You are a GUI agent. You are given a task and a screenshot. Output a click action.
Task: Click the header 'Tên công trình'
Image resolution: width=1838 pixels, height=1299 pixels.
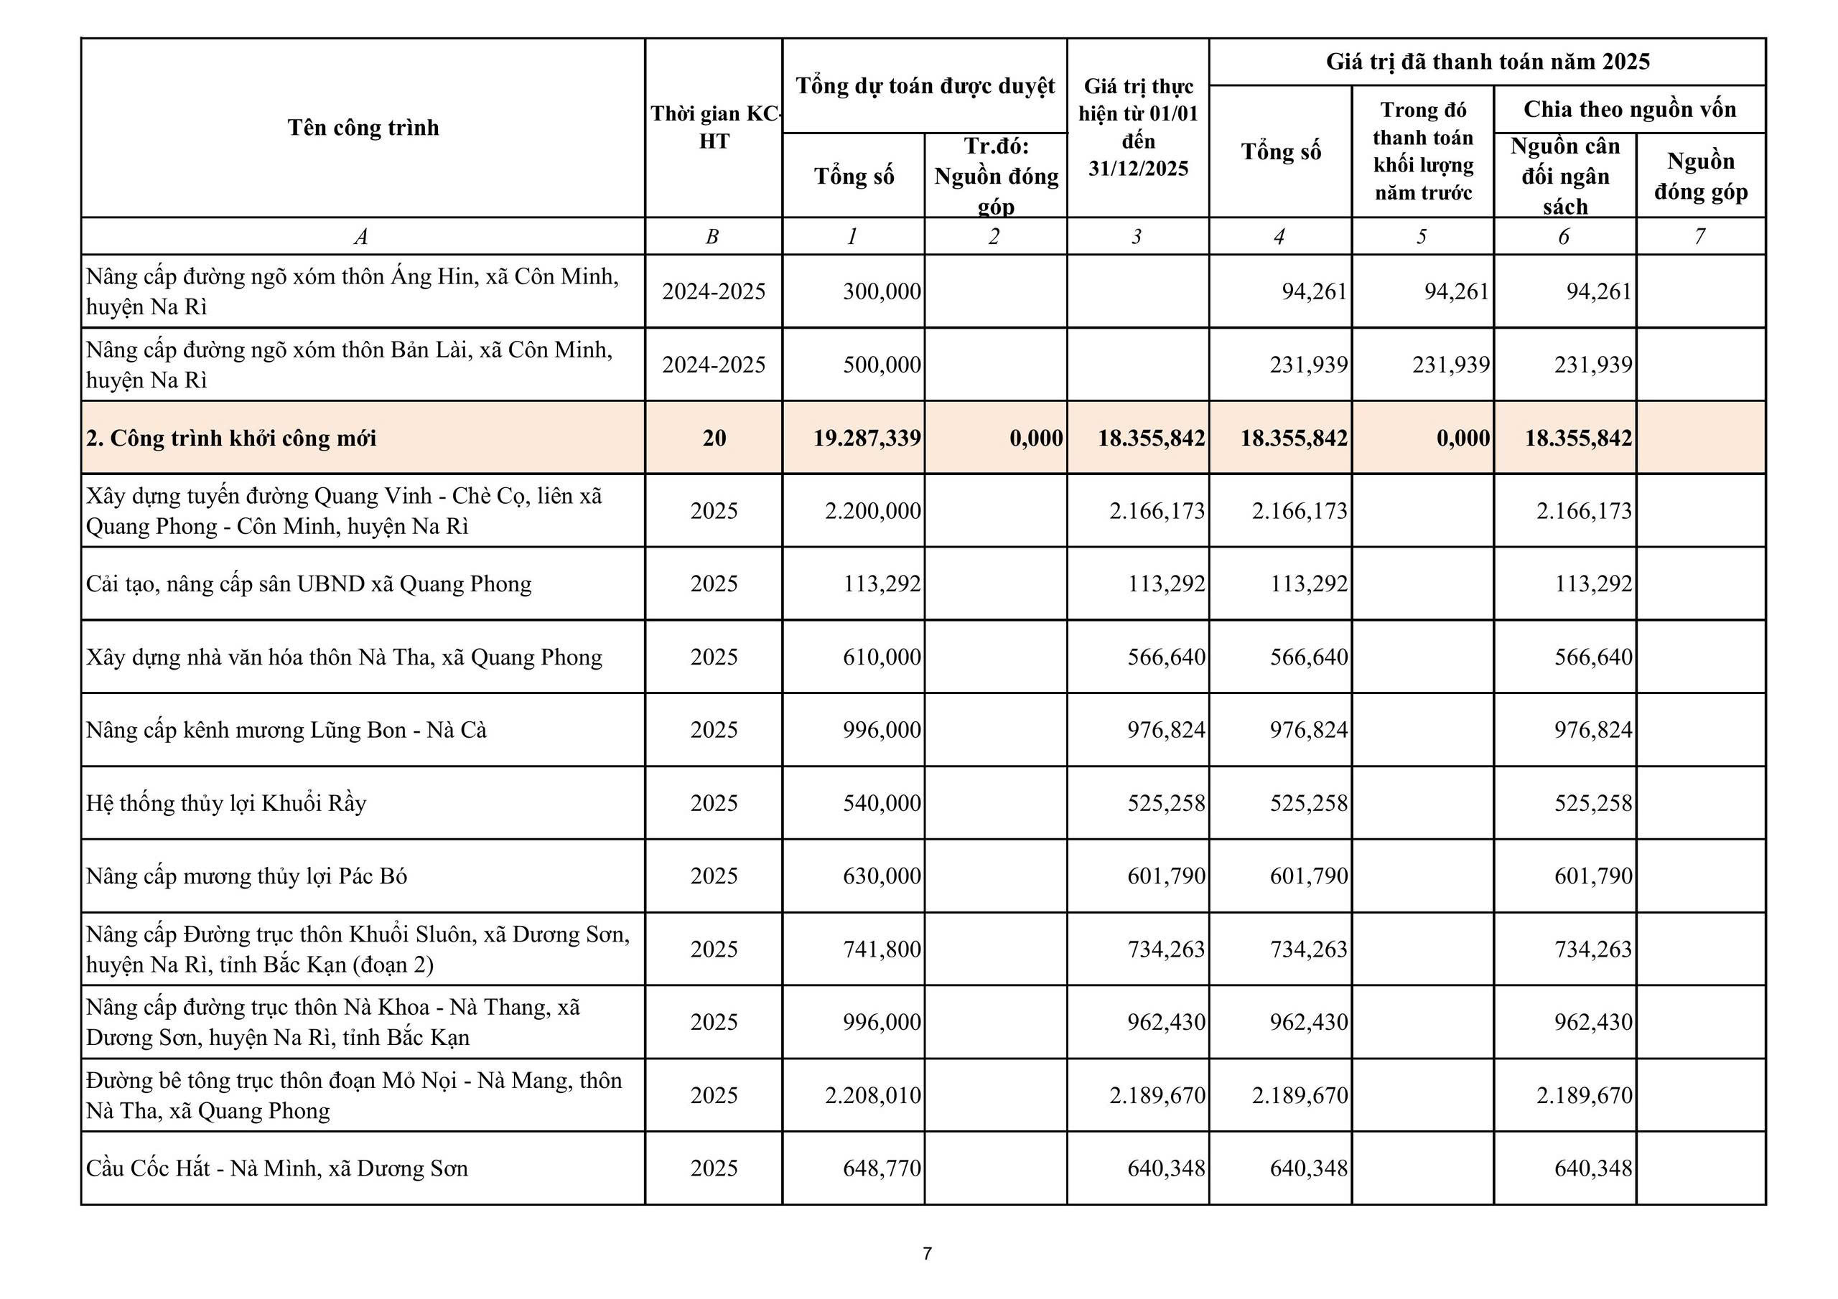[363, 127]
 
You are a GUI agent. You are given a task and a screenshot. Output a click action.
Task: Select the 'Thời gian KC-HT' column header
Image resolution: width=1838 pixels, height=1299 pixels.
[714, 127]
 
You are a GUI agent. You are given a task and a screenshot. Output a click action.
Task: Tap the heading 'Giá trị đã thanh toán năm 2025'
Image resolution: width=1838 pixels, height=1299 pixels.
[1488, 62]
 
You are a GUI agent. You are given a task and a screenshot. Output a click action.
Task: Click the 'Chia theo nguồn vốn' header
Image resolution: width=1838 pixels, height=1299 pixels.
[1629, 109]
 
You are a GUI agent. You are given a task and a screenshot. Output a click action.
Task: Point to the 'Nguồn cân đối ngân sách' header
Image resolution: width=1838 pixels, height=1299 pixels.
[1565, 176]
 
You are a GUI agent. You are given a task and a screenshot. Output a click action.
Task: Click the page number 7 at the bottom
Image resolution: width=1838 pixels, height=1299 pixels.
[927, 1253]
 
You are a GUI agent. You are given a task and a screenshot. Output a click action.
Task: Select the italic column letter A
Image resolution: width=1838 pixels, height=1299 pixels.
[361, 237]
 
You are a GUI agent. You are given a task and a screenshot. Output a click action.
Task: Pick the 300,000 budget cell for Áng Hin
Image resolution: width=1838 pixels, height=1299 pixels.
[882, 291]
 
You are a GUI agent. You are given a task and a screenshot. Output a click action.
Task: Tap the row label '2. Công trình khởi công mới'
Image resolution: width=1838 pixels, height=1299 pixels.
[231, 438]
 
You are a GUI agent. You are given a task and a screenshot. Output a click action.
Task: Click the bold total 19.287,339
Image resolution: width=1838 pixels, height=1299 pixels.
[867, 438]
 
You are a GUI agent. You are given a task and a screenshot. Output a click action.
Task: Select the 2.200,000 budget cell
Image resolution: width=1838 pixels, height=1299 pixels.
[872, 511]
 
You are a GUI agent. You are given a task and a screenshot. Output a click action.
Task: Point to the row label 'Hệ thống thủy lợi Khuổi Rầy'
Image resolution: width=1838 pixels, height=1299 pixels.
[227, 803]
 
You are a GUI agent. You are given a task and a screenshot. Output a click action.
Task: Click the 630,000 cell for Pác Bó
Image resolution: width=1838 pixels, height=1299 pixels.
[882, 876]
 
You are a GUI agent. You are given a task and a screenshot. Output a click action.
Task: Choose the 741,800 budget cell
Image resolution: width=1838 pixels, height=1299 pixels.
[882, 949]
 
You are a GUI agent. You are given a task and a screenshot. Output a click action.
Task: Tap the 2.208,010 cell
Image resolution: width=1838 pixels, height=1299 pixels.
[872, 1095]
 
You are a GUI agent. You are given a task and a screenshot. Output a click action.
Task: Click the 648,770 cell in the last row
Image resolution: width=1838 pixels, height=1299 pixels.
[882, 1168]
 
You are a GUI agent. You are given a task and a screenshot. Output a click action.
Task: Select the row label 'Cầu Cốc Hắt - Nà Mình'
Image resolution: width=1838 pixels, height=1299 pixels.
[277, 1168]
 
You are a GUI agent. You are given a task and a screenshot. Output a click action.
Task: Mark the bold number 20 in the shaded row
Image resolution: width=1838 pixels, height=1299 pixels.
[714, 438]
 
